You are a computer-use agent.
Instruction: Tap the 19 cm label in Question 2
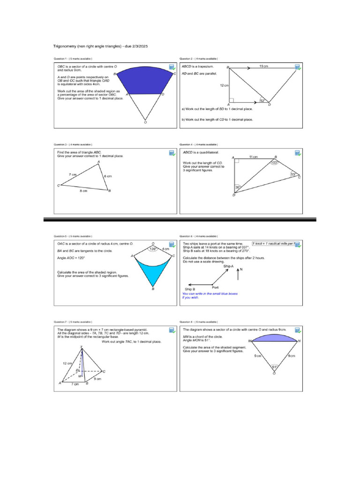point(263,67)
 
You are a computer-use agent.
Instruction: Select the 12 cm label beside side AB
point(224,86)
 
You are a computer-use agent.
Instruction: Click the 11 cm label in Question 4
point(254,157)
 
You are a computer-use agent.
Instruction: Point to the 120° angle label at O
point(152,249)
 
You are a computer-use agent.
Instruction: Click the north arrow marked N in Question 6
point(240,273)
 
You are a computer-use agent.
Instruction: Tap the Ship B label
point(190,290)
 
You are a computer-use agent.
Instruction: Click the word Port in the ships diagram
point(215,287)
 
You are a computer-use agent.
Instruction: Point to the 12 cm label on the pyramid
point(67,363)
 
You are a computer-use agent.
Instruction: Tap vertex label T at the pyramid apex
point(82,347)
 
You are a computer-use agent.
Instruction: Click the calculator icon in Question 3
point(172,153)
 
